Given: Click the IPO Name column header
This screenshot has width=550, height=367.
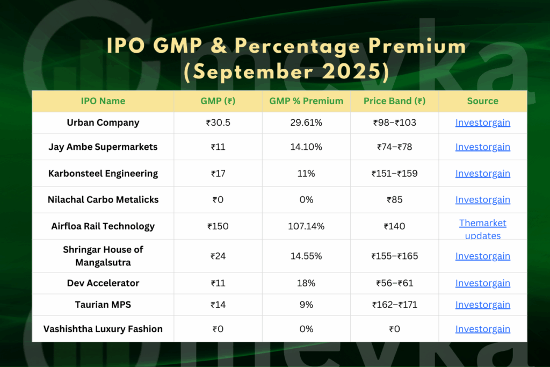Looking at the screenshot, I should coord(103,101).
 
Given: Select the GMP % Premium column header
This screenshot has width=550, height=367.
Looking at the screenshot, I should coord(306,101).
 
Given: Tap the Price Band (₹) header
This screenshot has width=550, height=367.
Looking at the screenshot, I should coord(394,101).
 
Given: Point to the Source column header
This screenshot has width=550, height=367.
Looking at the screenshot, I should coord(482,101).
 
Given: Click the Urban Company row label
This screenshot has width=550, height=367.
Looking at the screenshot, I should coord(103,123).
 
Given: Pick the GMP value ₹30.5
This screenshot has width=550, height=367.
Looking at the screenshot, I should coord(218,123).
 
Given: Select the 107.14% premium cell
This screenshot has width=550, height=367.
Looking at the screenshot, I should coord(306,226).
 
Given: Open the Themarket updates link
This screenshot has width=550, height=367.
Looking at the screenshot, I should coord(482,229).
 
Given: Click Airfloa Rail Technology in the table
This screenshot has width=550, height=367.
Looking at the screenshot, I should coord(103,226).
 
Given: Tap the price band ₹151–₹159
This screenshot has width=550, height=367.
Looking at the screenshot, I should coord(394,174).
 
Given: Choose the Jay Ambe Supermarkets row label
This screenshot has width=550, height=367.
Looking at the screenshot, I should coord(103,147).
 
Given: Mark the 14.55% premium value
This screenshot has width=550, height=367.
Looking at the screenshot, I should coord(306,256).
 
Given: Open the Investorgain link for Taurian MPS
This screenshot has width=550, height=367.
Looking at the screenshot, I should coord(482,305).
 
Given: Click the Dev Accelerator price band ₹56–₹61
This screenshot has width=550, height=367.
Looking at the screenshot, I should coord(394,283).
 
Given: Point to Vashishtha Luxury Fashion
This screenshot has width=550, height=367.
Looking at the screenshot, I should coord(103,329).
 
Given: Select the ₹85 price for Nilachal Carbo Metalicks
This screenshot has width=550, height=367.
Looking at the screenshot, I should coord(394,200).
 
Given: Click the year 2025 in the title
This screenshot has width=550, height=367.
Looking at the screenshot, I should coord(349,71).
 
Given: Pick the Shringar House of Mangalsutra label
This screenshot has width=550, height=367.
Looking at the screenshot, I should coord(103,256).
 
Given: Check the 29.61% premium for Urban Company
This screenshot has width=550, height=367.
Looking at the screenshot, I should coord(306,123).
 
